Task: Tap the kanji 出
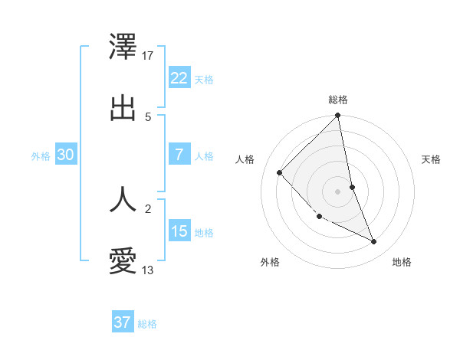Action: coord(123,107)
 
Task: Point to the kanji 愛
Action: coord(123,261)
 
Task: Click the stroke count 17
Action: coord(149,56)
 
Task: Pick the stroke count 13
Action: coord(148,270)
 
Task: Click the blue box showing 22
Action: coord(179,78)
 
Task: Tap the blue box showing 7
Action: coord(179,155)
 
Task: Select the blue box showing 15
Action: coord(179,231)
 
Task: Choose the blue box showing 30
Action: coord(66,155)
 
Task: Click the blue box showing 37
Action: coord(123,322)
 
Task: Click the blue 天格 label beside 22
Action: coord(204,80)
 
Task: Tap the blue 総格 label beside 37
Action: coord(147,324)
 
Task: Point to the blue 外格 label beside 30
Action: coord(41,156)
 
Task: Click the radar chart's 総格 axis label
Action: coord(338,100)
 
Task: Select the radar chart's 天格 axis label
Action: coord(431,159)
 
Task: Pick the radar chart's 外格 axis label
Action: coord(270,262)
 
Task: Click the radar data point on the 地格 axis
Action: coord(374,241)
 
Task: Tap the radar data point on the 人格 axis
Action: coord(280,172)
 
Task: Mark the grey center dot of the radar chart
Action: coord(338,191)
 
